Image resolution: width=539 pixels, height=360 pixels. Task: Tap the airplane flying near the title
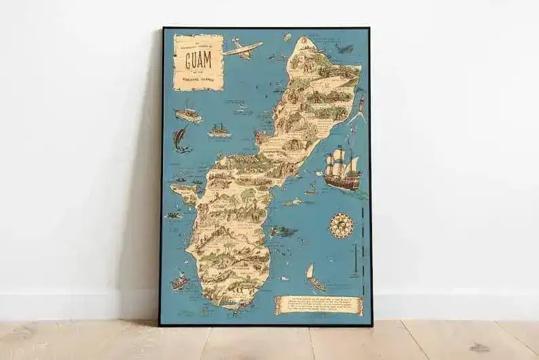point(242,48)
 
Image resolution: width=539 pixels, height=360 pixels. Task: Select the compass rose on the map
point(341,225)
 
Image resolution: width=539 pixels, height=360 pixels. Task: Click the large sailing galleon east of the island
point(341,170)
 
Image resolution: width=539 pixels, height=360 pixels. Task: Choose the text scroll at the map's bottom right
point(318,306)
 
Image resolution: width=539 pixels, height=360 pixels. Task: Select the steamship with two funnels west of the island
point(219,130)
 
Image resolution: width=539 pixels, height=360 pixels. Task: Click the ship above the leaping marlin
point(188,114)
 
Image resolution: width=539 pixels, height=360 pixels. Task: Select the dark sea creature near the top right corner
point(346,49)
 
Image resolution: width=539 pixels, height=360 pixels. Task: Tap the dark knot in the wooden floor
point(480,347)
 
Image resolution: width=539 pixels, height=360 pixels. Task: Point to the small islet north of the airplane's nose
point(287,37)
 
